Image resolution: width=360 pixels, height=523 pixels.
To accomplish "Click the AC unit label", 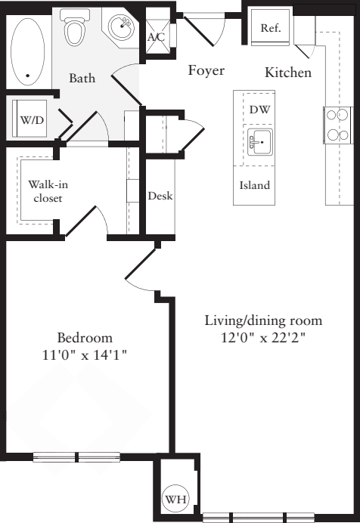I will click(x=156, y=37).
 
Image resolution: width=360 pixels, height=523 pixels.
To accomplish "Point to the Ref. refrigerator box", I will click(x=270, y=28).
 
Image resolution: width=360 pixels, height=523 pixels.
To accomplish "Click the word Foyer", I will click(x=206, y=71).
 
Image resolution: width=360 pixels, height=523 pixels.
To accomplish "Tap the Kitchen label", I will click(x=288, y=73).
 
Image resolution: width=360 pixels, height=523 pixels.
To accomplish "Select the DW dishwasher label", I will click(x=259, y=110).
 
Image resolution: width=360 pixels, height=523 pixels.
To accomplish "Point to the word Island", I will click(x=255, y=185).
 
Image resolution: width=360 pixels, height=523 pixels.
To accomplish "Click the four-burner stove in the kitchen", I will click(x=337, y=125).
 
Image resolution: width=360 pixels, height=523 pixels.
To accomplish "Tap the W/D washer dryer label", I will click(x=31, y=120).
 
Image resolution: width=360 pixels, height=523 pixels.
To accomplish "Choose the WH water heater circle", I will click(x=175, y=500).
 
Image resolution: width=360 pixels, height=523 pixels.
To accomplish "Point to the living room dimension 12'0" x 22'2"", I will click(x=263, y=337).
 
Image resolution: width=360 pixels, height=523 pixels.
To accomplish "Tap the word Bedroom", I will click(x=85, y=338).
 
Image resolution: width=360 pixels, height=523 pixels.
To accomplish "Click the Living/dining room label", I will click(x=263, y=320).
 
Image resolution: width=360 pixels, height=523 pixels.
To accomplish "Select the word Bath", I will click(x=82, y=78).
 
